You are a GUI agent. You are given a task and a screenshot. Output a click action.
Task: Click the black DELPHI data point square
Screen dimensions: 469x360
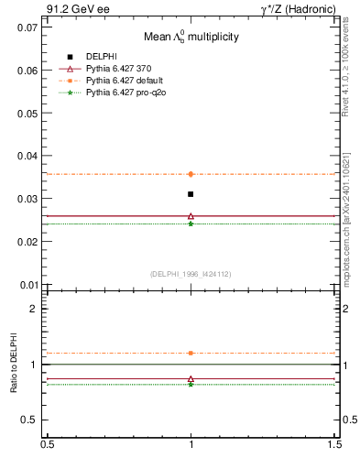191,194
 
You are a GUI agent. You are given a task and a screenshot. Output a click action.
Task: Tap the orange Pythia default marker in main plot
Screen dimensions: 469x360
191,174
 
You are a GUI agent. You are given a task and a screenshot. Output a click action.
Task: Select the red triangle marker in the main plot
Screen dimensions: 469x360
191,216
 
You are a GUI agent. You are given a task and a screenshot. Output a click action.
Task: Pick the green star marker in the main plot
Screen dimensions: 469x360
191,224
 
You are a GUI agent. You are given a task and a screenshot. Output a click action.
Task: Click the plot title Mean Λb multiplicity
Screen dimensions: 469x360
191,37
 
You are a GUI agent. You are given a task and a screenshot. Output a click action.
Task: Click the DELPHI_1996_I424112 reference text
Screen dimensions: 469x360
191,273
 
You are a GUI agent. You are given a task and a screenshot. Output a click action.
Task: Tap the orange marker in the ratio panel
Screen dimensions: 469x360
191,353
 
